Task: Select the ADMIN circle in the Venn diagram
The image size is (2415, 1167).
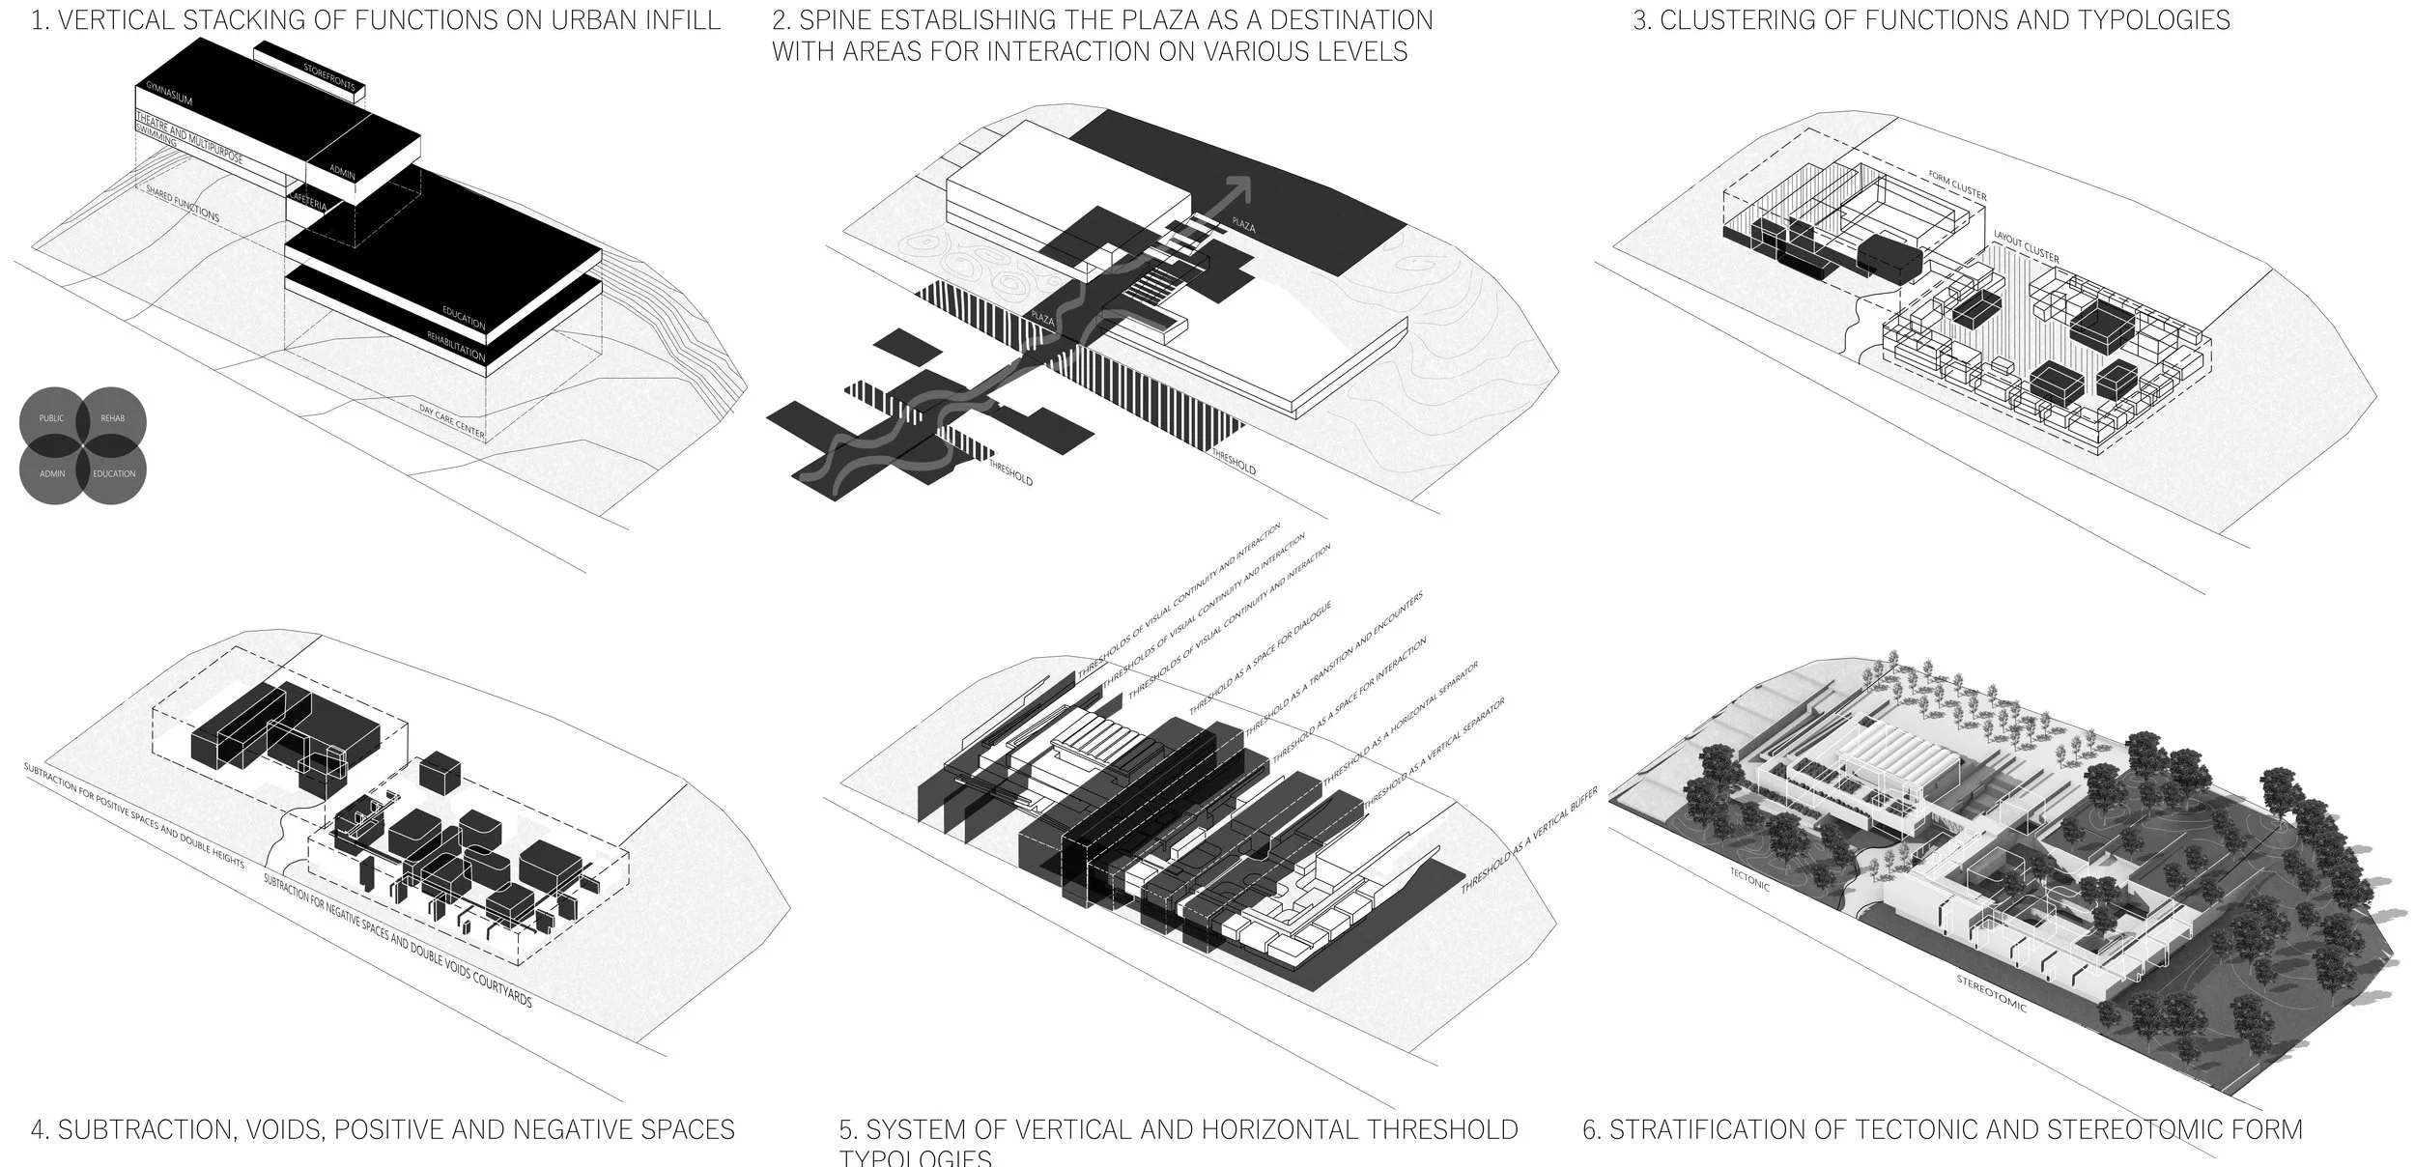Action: point(51,473)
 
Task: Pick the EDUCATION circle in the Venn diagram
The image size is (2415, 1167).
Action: point(114,473)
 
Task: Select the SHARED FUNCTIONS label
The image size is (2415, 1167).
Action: point(183,204)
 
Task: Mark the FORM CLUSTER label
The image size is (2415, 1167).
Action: point(1957,187)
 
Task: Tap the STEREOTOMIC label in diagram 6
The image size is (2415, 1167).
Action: point(1991,992)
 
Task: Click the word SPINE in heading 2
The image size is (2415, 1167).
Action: point(844,20)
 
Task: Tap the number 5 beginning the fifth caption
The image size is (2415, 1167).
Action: point(847,1129)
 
